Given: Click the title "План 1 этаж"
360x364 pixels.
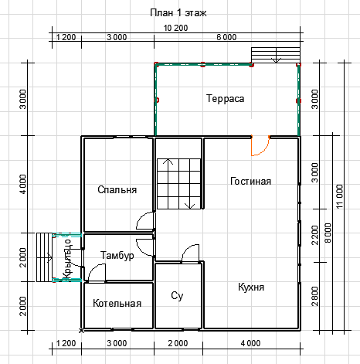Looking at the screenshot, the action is click(178, 12).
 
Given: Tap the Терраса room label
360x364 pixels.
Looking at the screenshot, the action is click(226, 99).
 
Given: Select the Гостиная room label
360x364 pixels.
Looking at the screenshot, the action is click(250, 182).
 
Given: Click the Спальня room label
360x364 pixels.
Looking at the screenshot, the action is click(117, 190).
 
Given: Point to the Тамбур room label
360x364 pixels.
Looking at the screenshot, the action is click(117, 255).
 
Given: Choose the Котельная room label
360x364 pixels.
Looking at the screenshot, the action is click(117, 303).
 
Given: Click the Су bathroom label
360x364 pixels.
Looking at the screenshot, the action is click(177, 296).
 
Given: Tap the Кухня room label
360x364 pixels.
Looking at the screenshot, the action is click(251, 287).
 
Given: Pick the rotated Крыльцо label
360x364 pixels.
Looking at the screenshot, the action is click(67, 259).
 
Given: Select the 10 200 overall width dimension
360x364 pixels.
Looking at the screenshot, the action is click(176, 28).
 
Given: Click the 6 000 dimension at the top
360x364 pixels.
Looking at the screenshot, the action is click(226, 37).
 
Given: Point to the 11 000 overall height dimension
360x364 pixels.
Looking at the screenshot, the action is click(340, 196).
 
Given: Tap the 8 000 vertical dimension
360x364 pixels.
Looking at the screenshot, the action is click(328, 233).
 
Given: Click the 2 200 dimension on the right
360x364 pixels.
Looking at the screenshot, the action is click(315, 235).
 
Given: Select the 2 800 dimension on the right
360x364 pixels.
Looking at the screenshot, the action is click(315, 297).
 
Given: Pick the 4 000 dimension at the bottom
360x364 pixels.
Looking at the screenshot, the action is click(250, 343).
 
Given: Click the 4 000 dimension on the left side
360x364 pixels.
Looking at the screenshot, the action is click(23, 184).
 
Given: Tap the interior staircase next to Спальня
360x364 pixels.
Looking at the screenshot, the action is click(178, 184).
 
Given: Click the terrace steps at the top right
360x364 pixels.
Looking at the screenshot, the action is click(276, 55).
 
